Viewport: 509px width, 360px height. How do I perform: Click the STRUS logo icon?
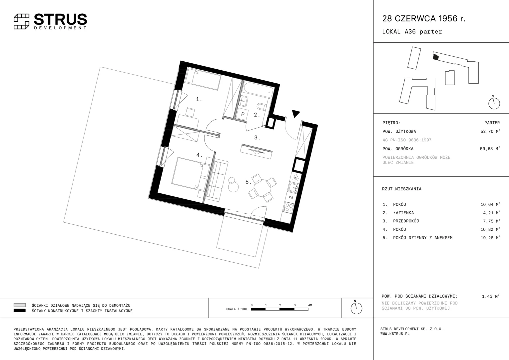22,22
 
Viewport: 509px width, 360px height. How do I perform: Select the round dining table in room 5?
262,188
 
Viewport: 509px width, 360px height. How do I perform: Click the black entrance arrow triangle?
295,113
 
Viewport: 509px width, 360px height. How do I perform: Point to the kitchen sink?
293,188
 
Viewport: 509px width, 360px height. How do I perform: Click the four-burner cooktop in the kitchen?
288,208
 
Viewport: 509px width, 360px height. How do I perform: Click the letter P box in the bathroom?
243,114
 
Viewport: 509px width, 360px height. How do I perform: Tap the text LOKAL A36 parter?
412,32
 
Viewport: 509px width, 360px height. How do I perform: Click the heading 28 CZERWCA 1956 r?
424,18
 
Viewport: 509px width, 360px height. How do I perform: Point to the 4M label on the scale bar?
310,305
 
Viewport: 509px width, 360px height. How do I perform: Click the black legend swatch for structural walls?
20,310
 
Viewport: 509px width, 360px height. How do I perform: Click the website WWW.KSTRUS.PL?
395,334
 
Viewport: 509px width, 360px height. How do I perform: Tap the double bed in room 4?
191,174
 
